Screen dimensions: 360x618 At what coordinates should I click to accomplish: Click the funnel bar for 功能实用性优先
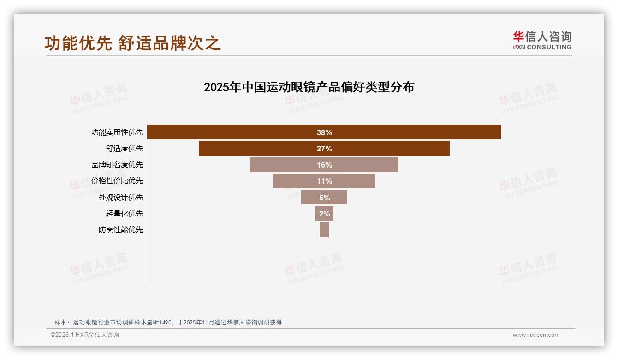click(231, 132)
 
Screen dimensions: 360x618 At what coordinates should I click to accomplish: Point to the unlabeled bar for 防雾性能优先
click(324, 229)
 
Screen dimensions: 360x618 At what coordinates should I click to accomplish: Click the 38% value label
click(324, 132)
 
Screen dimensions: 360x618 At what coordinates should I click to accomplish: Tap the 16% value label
click(324, 165)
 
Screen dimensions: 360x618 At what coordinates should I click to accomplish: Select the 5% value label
click(324, 197)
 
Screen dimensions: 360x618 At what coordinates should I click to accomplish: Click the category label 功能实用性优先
click(117, 132)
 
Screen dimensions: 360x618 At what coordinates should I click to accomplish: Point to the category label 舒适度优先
click(125, 149)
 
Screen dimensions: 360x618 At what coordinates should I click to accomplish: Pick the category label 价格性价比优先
click(117, 181)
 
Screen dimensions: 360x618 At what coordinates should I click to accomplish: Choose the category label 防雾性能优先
click(121, 229)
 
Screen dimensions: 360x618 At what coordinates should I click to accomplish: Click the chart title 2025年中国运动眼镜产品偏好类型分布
click(309, 87)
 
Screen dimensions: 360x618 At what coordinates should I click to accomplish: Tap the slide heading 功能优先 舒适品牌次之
click(133, 43)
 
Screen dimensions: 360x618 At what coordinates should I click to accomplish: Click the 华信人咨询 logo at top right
click(542, 40)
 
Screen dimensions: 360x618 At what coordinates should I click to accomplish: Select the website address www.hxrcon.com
click(536, 335)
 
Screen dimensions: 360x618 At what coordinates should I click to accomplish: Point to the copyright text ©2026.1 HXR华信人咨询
click(85, 335)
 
